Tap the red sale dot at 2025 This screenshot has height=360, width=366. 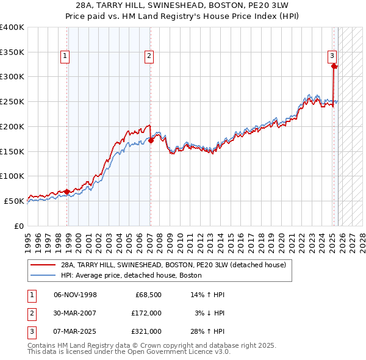point(334,66)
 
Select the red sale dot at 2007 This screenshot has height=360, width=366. point(151,140)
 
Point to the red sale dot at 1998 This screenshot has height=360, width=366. point(66,192)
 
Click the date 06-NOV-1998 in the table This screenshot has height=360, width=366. point(75,295)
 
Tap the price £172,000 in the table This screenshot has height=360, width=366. point(146,313)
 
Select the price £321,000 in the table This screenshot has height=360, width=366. point(146,331)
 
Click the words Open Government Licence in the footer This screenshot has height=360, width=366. point(178,352)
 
